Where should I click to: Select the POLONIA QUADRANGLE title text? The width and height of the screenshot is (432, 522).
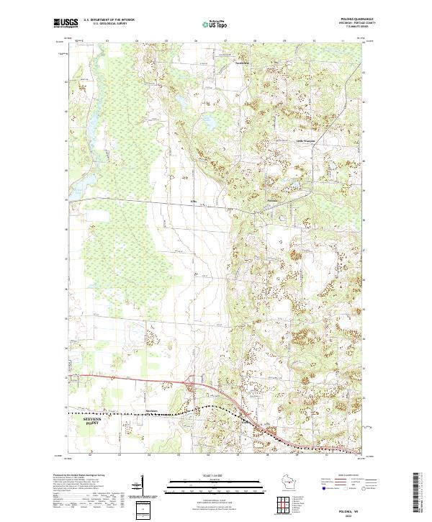click(348, 19)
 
